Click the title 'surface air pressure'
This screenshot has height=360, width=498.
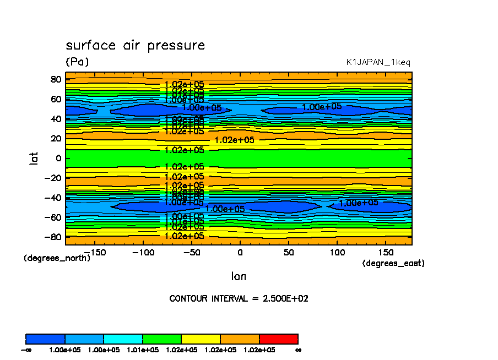pyautogui.click(x=135, y=46)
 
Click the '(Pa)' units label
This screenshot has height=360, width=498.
pyautogui.click(x=77, y=62)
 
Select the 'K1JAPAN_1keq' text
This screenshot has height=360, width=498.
pyautogui.click(x=378, y=63)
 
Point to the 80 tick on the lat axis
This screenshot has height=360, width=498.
pyautogui.click(x=55, y=79)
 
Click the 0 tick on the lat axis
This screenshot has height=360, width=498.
pyautogui.click(x=57, y=158)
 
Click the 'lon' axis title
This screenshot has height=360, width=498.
pyautogui.click(x=239, y=276)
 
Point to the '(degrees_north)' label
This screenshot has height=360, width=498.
pyautogui.click(x=57, y=258)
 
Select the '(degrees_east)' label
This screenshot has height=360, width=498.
pyautogui.click(x=393, y=264)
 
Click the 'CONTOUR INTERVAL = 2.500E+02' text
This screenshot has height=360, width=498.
pyautogui.click(x=239, y=299)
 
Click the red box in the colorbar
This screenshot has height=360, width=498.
pyautogui.click(x=278, y=339)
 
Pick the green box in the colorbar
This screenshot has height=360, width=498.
pyautogui.click(x=162, y=339)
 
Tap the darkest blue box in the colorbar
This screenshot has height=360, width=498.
pyautogui.click(x=46, y=339)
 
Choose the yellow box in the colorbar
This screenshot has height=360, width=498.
pyautogui.click(x=201, y=339)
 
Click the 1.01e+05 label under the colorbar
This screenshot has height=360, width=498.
pyautogui.click(x=143, y=350)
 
